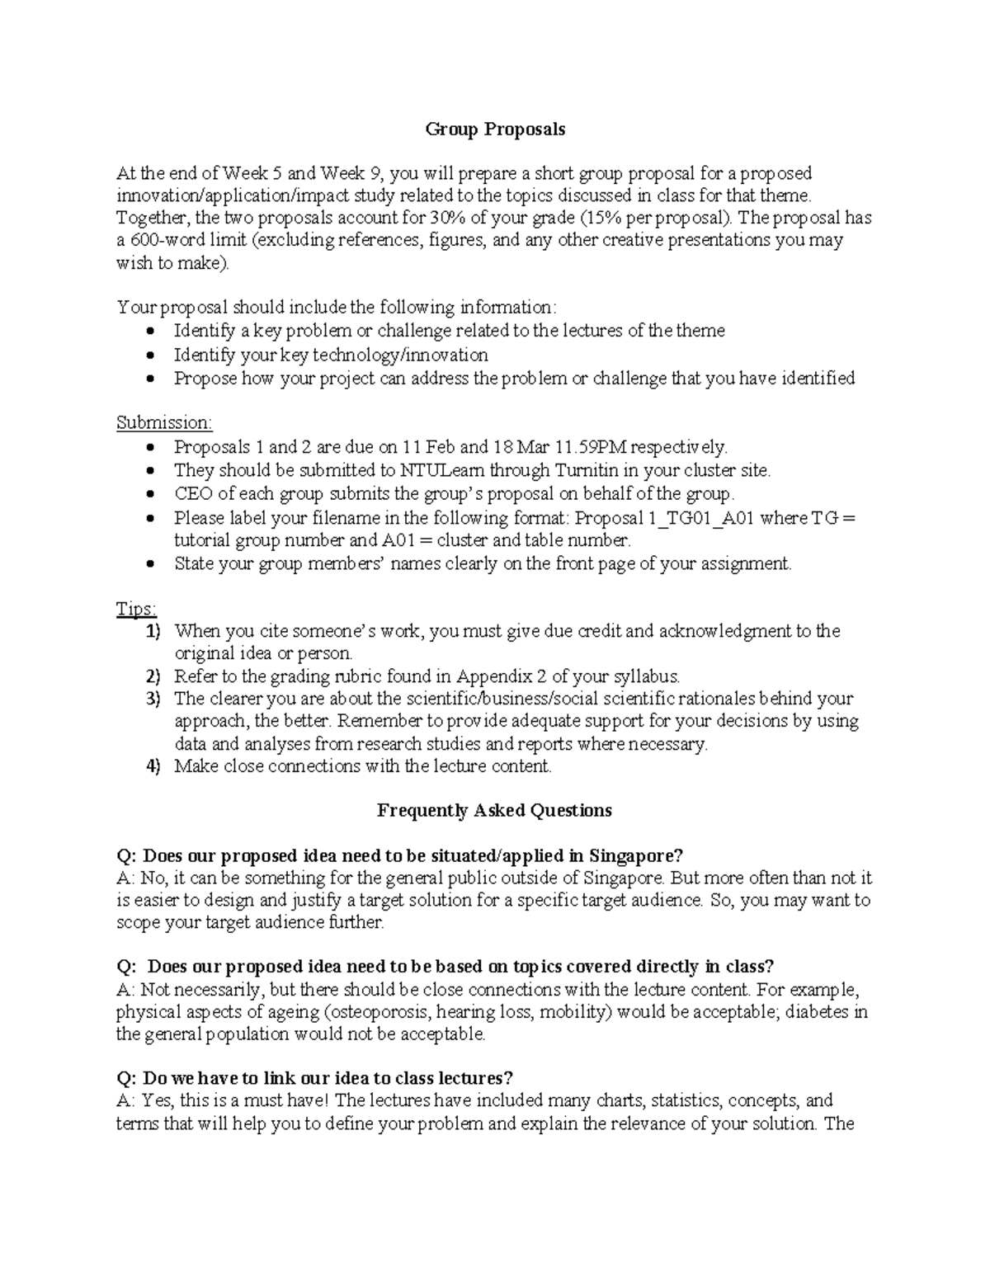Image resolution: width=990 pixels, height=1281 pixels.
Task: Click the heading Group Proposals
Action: coord(495,130)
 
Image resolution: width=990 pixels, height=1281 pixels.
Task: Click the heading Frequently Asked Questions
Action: coord(494,811)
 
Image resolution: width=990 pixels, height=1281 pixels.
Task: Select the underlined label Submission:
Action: coord(164,423)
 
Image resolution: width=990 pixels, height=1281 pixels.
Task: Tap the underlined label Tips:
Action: coord(136,609)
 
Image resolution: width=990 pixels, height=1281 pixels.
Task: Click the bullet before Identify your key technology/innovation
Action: coord(148,356)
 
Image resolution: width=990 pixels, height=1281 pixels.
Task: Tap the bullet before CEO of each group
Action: coord(148,495)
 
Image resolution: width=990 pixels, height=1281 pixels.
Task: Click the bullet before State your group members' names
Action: coord(148,565)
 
